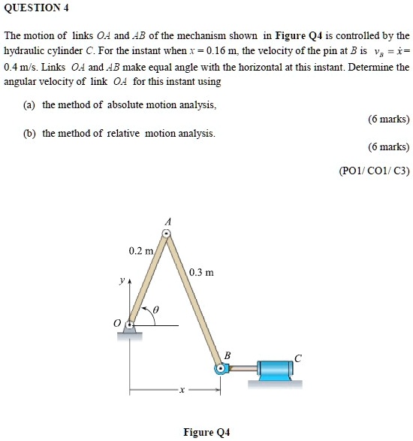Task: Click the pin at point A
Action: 168,235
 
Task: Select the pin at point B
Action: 221,368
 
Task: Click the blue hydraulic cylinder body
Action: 279,368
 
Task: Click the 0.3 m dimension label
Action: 202,272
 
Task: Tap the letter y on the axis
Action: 121,284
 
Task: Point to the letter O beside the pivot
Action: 116,323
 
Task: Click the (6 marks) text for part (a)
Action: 388,119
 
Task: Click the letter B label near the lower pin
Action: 228,354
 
